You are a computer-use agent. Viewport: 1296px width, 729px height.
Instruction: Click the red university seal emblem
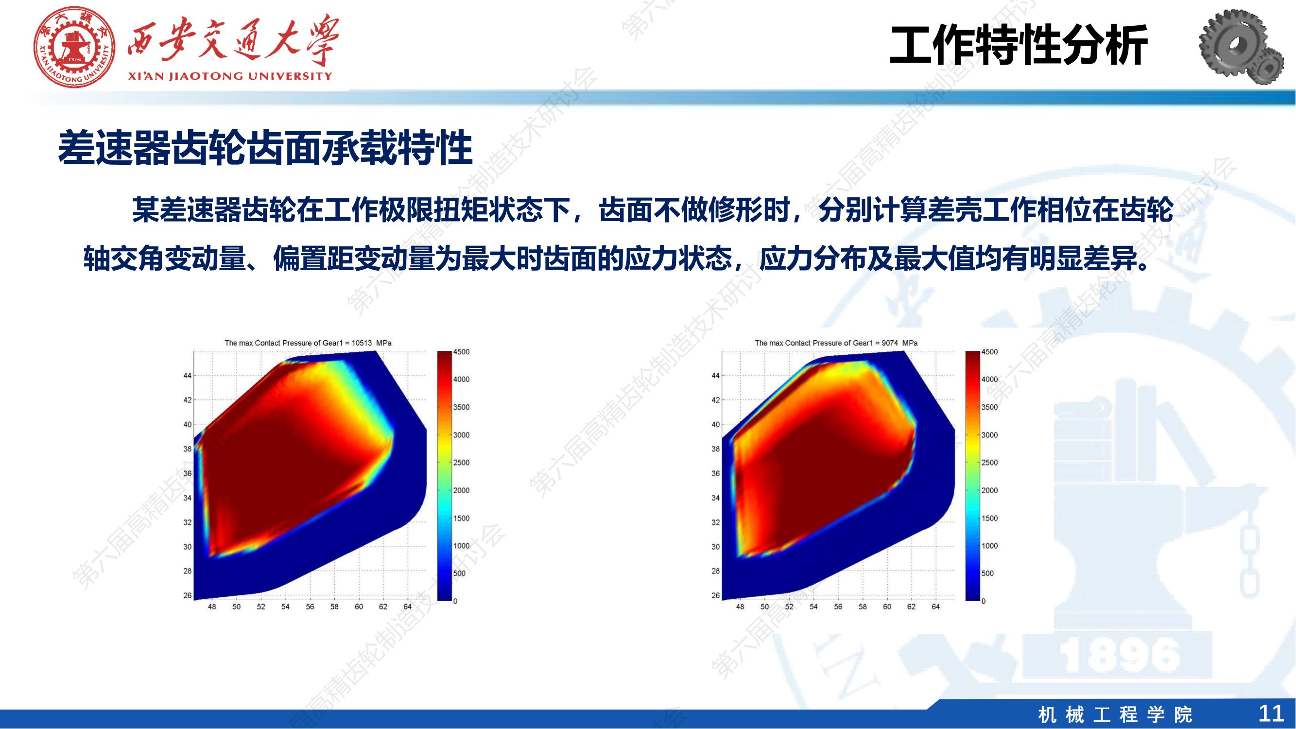(x=75, y=47)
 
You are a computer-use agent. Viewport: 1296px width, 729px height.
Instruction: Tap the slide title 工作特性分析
(x=1019, y=45)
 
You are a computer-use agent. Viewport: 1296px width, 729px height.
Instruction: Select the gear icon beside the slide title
(x=1244, y=47)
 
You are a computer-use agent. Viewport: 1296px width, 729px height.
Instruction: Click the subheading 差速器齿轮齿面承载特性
(x=265, y=148)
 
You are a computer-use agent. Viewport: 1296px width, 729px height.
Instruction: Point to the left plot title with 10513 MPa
(x=308, y=343)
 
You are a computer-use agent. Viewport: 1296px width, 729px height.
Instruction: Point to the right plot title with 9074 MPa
(x=836, y=343)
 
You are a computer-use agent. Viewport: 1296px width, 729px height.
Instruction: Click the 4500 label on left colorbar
(x=461, y=352)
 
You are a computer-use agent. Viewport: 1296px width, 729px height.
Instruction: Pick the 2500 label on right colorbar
(x=989, y=463)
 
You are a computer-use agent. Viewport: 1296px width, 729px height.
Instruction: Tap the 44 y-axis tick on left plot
(x=187, y=376)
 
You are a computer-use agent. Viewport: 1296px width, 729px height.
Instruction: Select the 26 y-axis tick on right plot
(x=715, y=596)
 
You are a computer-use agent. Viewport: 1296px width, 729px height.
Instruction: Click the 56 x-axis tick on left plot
(x=310, y=607)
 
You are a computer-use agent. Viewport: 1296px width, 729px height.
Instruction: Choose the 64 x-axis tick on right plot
(x=936, y=607)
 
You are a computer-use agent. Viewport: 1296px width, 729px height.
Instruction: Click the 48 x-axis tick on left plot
(x=212, y=607)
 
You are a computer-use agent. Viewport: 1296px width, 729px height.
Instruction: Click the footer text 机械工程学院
(x=1115, y=714)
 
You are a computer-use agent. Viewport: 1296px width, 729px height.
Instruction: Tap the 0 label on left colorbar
(x=455, y=601)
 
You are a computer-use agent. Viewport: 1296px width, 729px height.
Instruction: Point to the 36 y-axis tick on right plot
(x=715, y=473)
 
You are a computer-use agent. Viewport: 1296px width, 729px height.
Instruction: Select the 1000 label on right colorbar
(x=989, y=546)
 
